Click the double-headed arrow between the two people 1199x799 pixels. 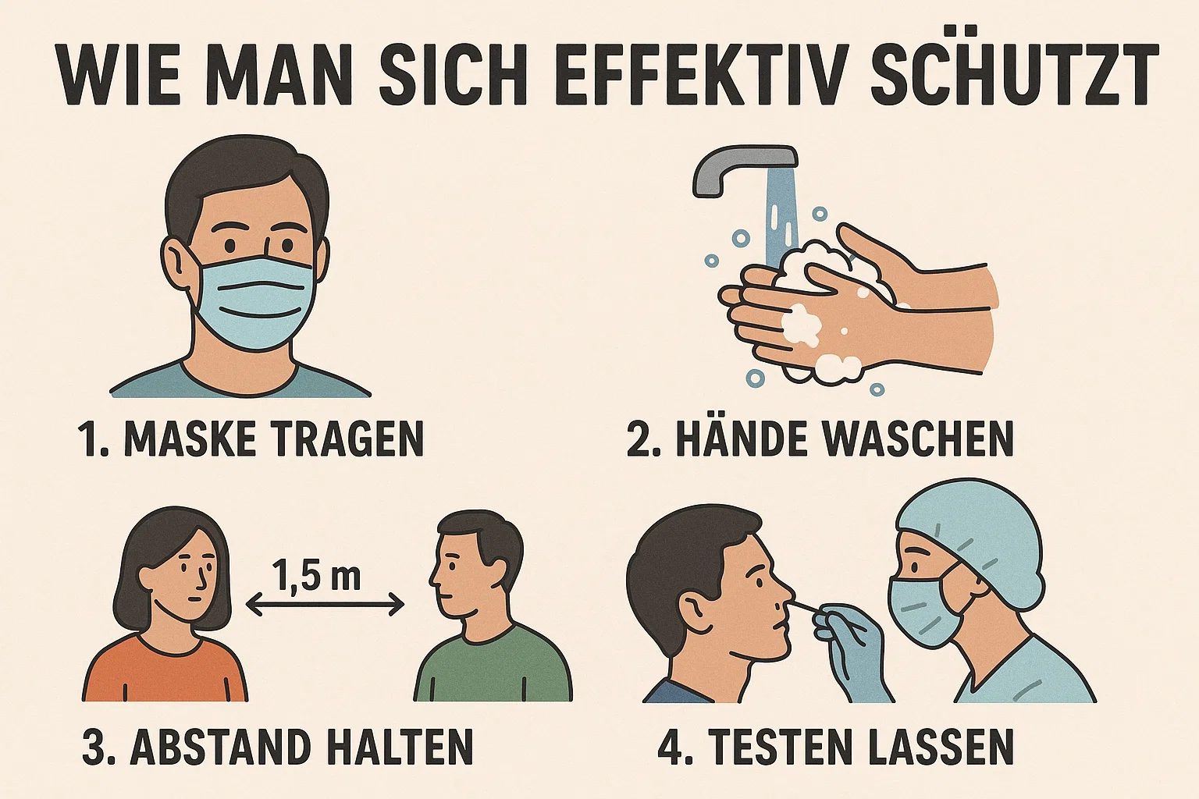[325, 603]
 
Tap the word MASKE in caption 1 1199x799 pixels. [192, 439]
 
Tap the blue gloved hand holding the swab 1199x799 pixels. [855, 652]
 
